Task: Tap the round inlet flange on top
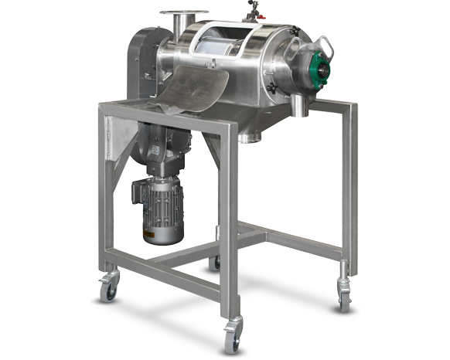[185, 14]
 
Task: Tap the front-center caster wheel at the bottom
[230, 338]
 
